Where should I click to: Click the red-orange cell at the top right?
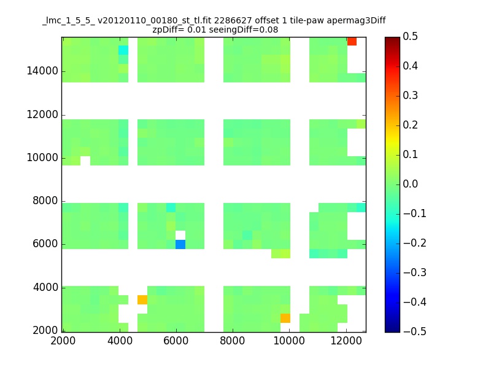[352, 41]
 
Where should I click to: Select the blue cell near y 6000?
[180, 244]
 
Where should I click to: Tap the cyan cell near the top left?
[123, 50]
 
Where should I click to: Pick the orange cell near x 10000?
[285, 318]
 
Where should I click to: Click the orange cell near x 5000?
[142, 300]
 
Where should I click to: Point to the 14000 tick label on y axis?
[42, 71]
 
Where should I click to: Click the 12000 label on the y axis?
[42, 114]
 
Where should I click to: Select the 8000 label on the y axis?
[45, 201]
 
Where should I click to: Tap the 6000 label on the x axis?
[176, 341]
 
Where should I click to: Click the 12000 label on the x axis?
[346, 341]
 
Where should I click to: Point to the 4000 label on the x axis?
[120, 341]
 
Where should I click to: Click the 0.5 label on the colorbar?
[410, 36]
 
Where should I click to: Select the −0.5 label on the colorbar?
[415, 331]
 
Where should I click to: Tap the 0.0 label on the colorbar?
[410, 184]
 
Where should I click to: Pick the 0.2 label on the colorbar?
[410, 125]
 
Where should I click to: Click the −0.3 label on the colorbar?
[415, 272]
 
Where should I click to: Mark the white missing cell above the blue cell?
[180, 235]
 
